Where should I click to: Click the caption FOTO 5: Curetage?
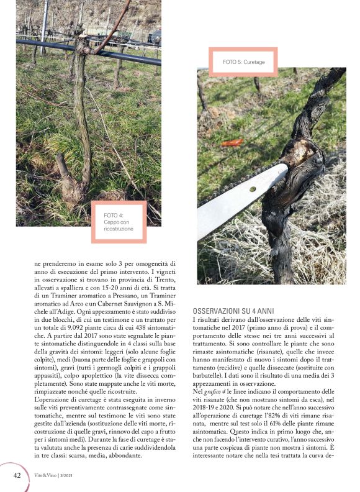pos(244,62)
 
